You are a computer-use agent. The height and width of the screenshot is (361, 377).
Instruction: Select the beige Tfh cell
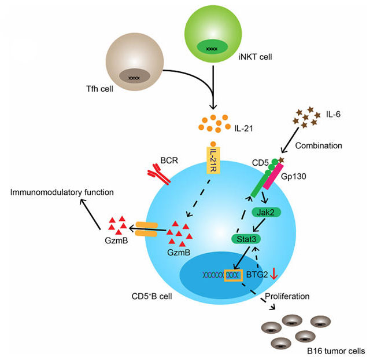[134, 69]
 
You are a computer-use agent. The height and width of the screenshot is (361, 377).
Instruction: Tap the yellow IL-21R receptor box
[214, 159]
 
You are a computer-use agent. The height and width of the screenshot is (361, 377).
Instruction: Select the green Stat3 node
[245, 238]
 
